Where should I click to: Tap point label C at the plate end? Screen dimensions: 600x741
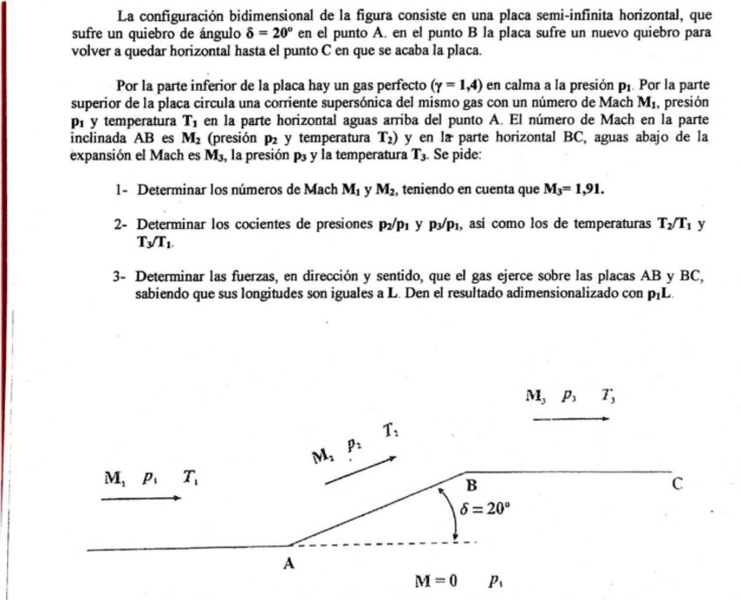(x=677, y=486)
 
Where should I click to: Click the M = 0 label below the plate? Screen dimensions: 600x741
(x=436, y=580)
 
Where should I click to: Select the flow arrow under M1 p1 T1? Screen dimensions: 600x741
(x=142, y=499)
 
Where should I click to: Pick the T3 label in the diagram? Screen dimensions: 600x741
(x=606, y=397)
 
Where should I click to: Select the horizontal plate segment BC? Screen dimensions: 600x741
(x=568, y=472)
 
